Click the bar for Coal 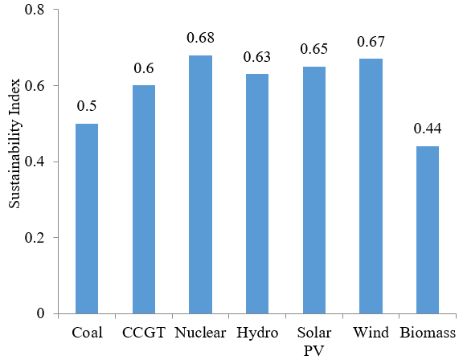[x=87, y=219]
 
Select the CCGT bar [x=144, y=199]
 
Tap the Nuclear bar [x=200, y=185]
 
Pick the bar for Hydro [x=257, y=194]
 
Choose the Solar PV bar [x=314, y=190]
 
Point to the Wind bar [x=371, y=186]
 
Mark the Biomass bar [x=428, y=230]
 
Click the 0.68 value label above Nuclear [x=200, y=38]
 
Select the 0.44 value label [x=428, y=129]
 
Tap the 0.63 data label [x=257, y=57]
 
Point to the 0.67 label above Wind [x=371, y=42]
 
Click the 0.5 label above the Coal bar [x=87, y=106]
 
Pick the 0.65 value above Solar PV [x=314, y=49]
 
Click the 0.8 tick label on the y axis [x=35, y=10]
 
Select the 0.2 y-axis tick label [x=35, y=238]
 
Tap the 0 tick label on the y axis [x=40, y=313]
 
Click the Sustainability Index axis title [x=14, y=143]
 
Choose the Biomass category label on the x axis [x=428, y=333]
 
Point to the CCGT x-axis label [x=144, y=333]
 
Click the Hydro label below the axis [x=257, y=333]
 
